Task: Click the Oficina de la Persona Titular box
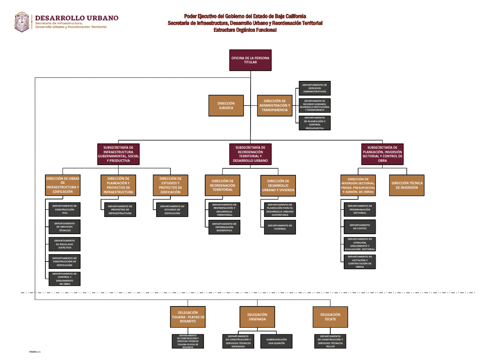point(250,60)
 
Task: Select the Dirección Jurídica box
point(226,106)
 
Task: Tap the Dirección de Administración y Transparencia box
point(275,105)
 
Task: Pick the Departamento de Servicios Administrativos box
point(314,88)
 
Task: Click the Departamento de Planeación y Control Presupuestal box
point(314,123)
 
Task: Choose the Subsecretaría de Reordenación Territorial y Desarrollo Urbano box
point(250,154)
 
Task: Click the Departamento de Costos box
point(359,227)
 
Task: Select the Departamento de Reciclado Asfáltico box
point(64,244)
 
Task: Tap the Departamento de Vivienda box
point(280,227)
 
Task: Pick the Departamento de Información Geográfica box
point(224,227)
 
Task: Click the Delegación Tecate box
point(330,317)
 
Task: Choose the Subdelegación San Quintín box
point(276,341)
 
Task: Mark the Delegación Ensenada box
point(257,317)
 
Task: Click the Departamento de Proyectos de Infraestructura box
point(120,210)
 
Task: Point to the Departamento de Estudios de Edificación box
point(172,210)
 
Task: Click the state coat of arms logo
point(22,22)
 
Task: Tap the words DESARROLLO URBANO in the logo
point(77,18)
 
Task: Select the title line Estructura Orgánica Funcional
point(245,30)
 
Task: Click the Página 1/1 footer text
point(35,351)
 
